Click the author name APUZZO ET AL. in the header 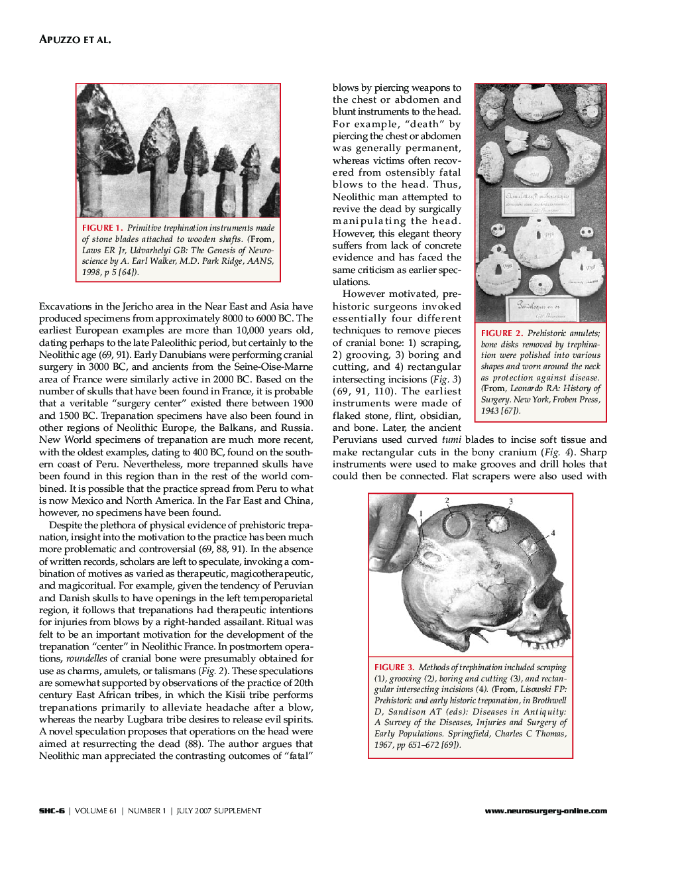(75, 40)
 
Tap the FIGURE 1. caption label (102, 228)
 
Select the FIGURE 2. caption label (502, 333)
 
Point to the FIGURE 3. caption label (394, 668)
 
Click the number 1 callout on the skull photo (421, 514)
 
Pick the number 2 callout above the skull (447, 501)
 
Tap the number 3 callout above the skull (510, 502)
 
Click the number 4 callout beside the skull (553, 533)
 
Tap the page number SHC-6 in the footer (52, 811)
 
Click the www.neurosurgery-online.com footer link (545, 811)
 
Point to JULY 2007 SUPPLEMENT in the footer (219, 811)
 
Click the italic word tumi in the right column (451, 439)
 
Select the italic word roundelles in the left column (86, 658)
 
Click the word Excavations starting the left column (65, 306)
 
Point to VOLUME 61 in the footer (95, 811)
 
